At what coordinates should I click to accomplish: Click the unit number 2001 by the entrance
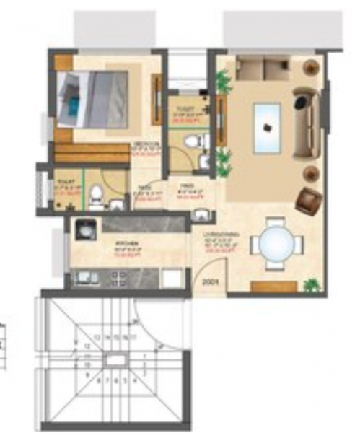click(210, 283)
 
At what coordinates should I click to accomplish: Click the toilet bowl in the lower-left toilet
click(95, 193)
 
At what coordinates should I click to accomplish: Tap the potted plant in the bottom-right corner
click(311, 285)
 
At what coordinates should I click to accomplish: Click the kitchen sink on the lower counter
click(85, 276)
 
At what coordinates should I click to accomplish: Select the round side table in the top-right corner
click(311, 68)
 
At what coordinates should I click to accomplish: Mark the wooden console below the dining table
click(273, 287)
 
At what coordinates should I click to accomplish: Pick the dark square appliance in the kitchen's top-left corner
click(85, 229)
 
